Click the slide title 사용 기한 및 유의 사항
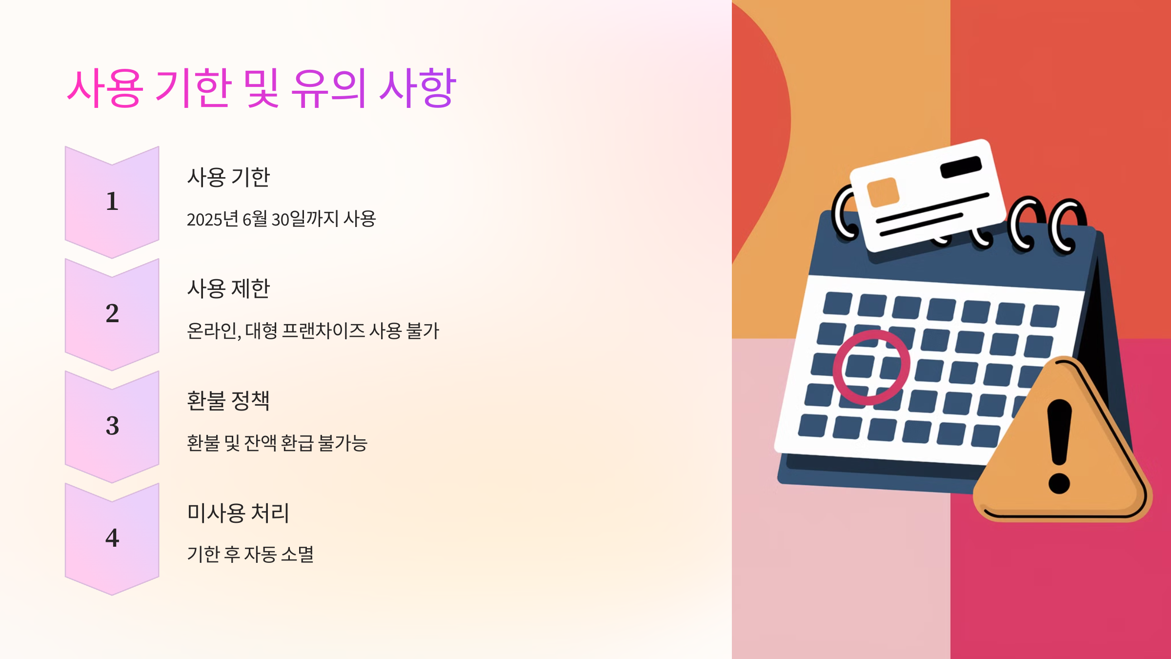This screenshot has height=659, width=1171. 261,88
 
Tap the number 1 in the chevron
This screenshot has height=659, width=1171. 112,201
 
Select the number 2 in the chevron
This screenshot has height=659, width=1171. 112,313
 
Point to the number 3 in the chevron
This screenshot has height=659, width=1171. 112,425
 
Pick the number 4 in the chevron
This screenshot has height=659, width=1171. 112,537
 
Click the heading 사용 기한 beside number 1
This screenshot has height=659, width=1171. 228,177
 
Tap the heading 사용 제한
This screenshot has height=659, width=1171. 228,288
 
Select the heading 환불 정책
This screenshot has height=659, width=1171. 228,401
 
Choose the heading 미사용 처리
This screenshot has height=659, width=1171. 238,513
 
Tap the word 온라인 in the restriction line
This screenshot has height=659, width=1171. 213,331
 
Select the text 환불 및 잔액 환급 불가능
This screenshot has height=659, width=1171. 277,443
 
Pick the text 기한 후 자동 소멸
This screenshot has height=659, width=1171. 250,555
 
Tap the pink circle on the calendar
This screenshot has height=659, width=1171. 871,368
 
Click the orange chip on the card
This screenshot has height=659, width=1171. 883,192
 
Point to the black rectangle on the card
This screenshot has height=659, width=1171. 961,167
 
